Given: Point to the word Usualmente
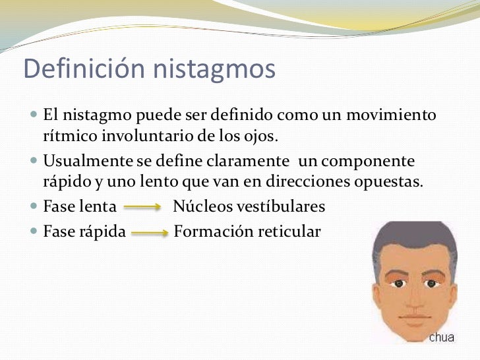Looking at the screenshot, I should click(87, 162).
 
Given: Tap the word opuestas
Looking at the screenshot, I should click(392, 182).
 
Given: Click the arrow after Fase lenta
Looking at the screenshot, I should click(143, 208).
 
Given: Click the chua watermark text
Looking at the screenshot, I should click(442, 338).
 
